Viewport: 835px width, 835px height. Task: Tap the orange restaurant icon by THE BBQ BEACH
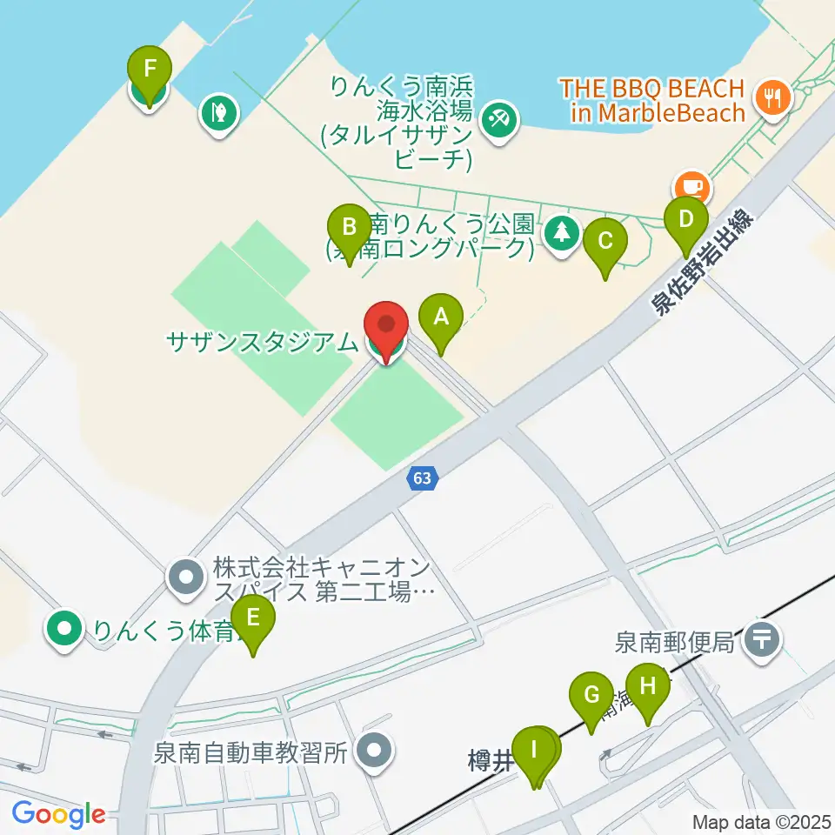point(772,95)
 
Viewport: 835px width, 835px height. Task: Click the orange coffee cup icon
point(692,186)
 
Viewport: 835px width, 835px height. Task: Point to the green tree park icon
point(563,232)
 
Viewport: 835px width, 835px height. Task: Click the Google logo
point(59,815)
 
